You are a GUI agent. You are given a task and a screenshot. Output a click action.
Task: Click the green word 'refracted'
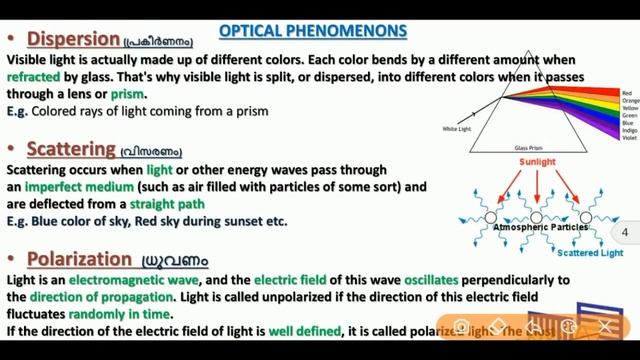click(x=38, y=76)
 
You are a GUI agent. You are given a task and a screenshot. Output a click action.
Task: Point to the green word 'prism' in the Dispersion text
click(x=129, y=93)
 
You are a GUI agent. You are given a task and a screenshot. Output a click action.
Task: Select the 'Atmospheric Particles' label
click(x=540, y=228)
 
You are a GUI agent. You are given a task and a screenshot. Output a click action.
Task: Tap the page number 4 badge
click(x=625, y=232)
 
